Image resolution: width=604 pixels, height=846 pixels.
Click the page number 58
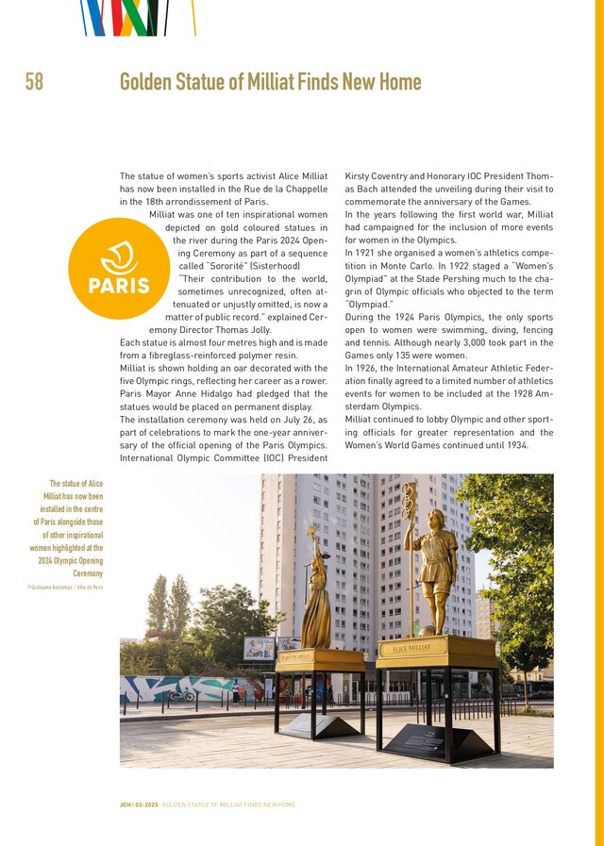point(34,83)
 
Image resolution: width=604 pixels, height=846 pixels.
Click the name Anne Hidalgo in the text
point(236,394)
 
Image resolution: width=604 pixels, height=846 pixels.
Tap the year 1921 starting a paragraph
point(358,254)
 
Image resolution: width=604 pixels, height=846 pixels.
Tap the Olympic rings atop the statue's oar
point(409,497)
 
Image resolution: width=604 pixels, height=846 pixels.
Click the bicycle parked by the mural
point(182,696)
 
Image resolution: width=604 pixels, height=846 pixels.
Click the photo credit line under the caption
point(65,587)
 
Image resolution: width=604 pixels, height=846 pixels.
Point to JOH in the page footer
point(125,805)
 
